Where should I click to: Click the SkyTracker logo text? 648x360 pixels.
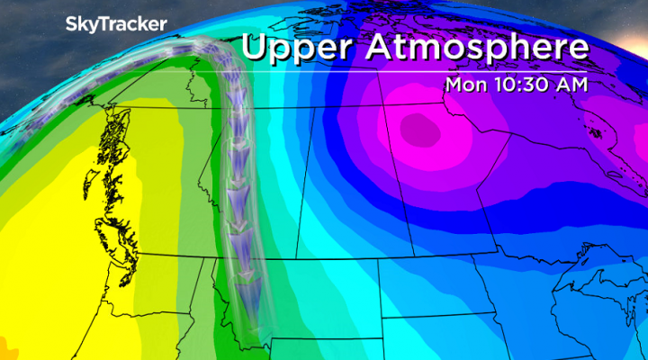114,25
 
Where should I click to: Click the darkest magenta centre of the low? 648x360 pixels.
421,131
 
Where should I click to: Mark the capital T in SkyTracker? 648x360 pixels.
101,25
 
